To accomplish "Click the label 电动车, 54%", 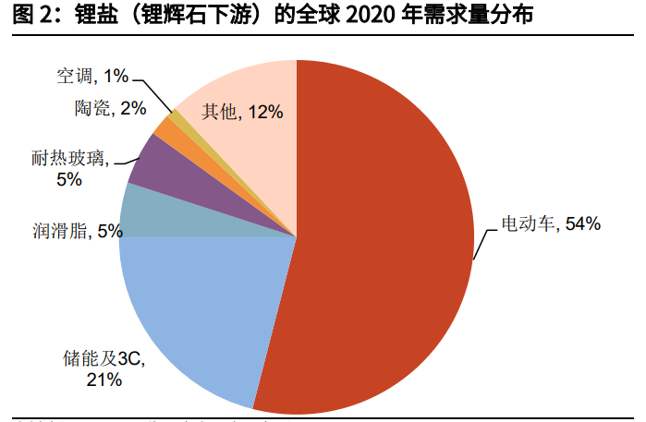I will pos(550,223).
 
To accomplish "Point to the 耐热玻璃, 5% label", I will pos(69,169).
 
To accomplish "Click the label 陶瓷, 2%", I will pos(110,108).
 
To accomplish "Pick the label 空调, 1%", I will pos(91,73).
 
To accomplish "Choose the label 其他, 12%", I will pos(242,113).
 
